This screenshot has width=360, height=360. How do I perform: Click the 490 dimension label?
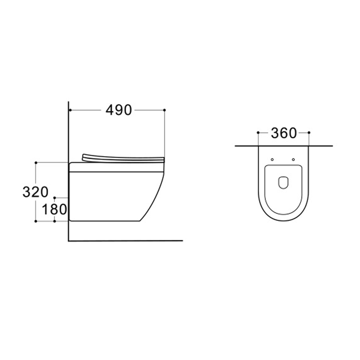point(119,110)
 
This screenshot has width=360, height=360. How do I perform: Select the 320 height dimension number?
point(35,192)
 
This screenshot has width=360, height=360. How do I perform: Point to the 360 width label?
point(284,133)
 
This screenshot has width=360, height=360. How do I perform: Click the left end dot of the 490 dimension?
point(70,109)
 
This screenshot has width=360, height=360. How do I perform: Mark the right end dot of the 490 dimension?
point(165,109)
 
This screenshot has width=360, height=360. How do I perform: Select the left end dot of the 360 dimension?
point(258,132)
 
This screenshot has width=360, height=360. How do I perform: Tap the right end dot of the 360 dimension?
point(309,132)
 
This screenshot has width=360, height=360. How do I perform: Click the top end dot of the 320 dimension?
point(36,163)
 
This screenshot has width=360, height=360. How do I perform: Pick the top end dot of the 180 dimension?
point(54,198)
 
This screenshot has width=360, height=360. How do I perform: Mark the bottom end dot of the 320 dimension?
point(36,221)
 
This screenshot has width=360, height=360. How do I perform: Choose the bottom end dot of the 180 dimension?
point(54,221)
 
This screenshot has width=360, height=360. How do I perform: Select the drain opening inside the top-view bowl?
point(283,183)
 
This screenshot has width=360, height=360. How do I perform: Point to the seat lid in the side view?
point(122,157)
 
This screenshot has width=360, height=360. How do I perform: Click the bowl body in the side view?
point(112,194)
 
